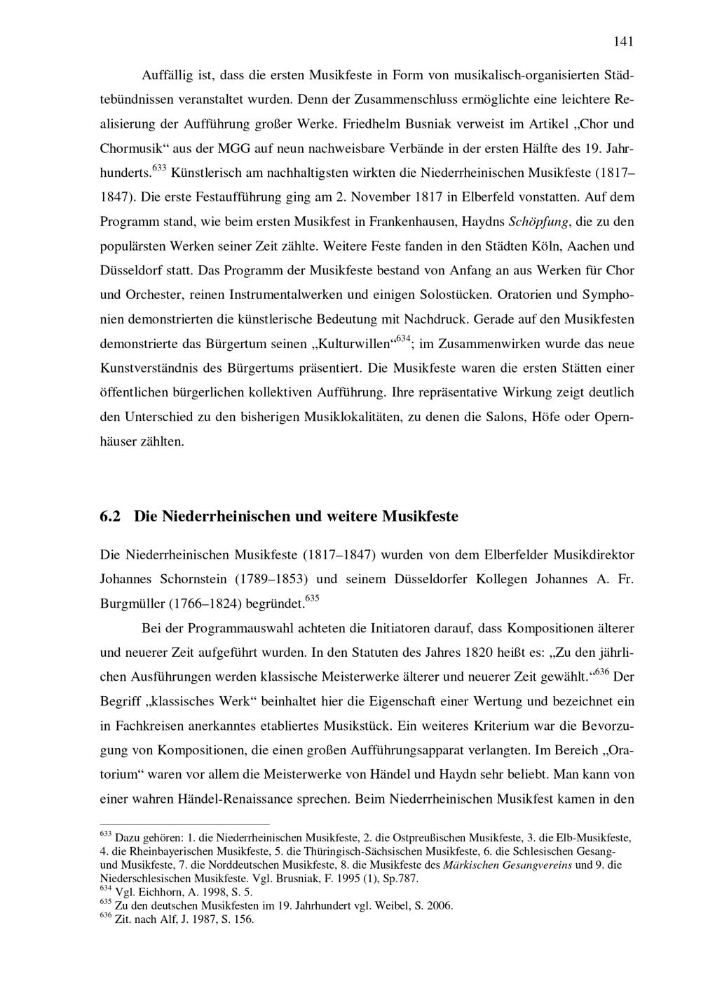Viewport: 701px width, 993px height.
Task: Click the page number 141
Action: point(623,41)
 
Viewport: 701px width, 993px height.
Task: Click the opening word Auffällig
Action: point(167,75)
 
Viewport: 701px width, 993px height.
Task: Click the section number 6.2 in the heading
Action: point(111,517)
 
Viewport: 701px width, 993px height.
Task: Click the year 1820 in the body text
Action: point(480,653)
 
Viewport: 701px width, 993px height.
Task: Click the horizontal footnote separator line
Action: point(185,825)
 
